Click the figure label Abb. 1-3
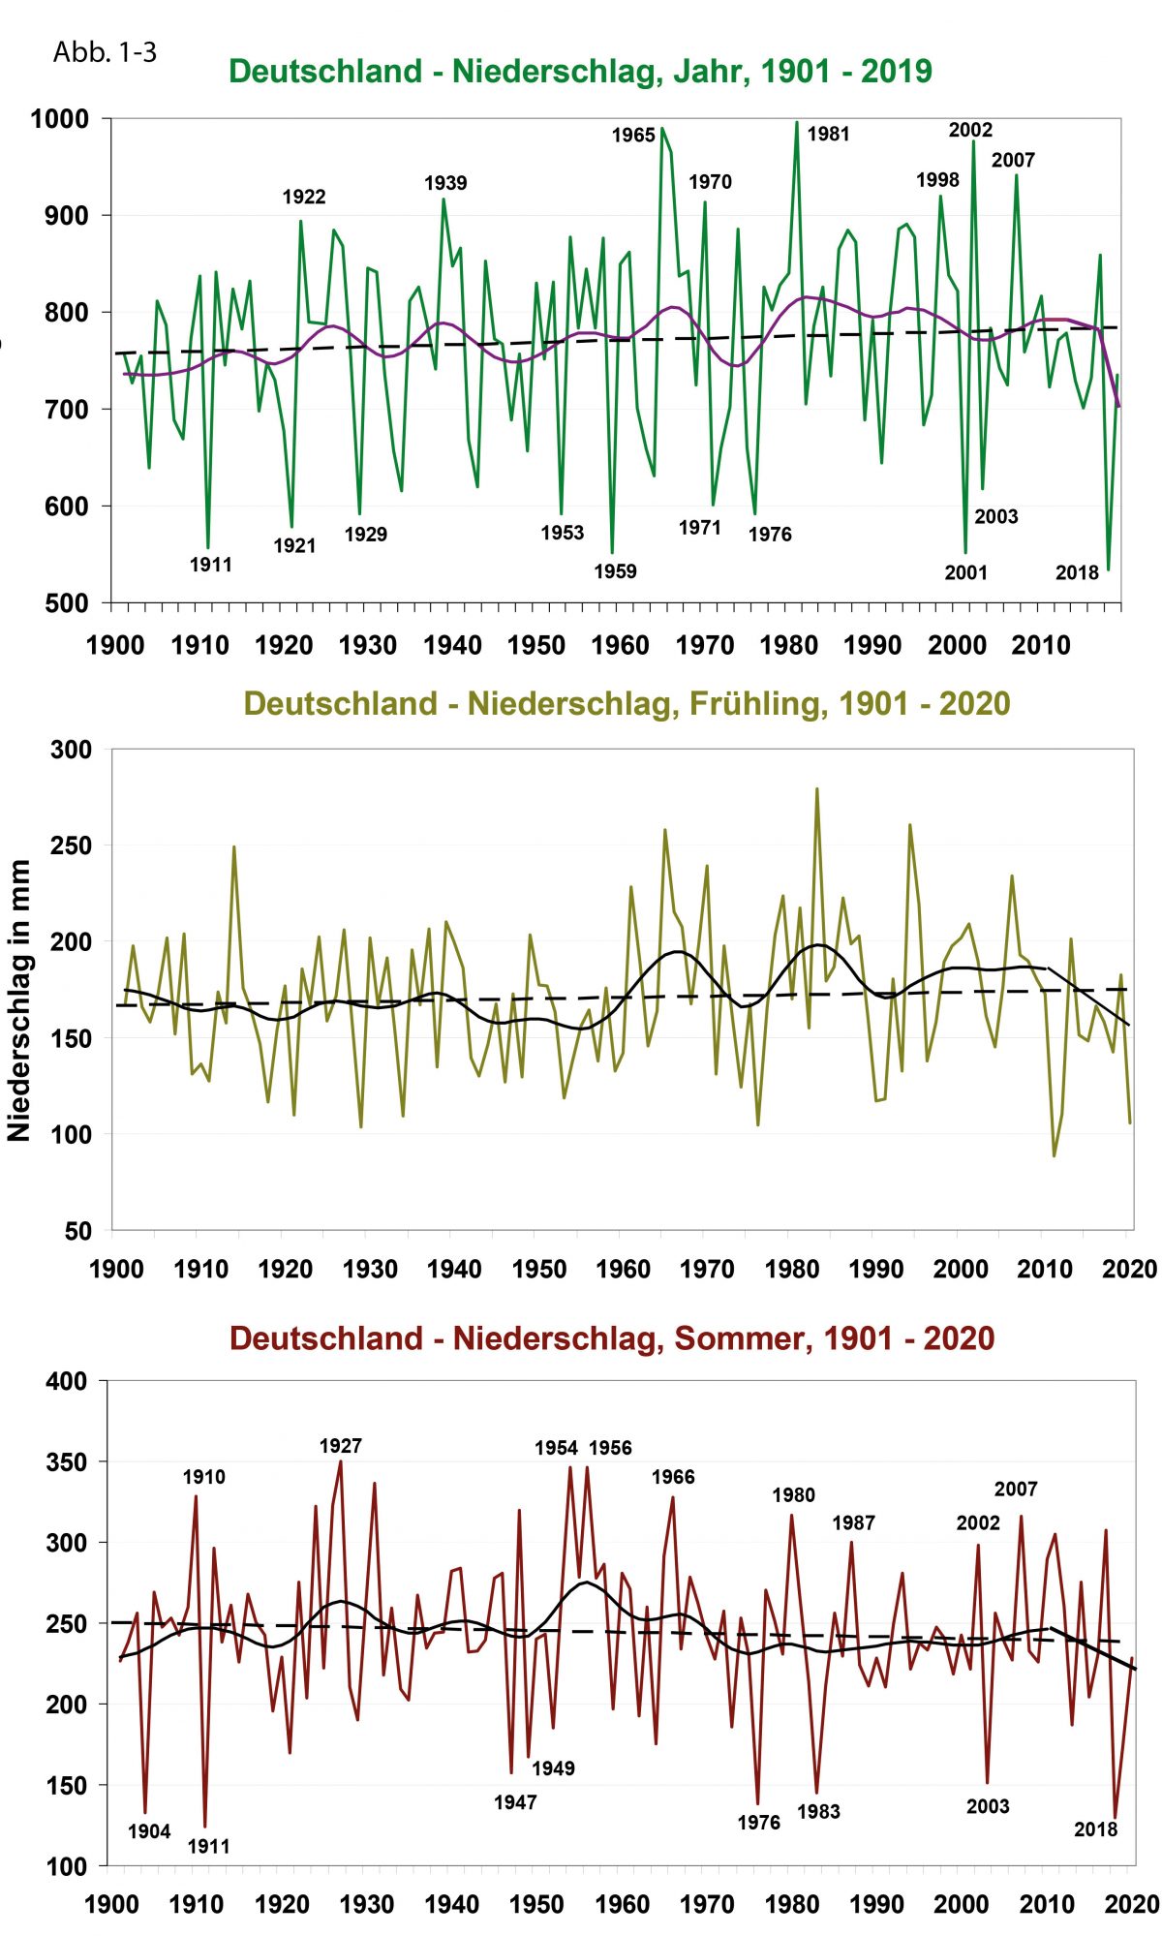tap(105, 52)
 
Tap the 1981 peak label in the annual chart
tap(828, 135)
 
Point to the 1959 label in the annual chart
tap(615, 571)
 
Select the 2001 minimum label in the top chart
tap(965, 573)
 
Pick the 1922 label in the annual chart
tap(304, 198)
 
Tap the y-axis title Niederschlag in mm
tap(19, 1000)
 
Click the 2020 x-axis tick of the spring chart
tap(1129, 1270)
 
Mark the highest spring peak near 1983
tap(816, 789)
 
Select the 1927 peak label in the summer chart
tap(340, 1446)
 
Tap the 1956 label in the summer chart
tap(610, 1448)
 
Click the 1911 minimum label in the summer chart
tap(208, 1846)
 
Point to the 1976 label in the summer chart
tap(758, 1823)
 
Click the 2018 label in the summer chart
tap(1095, 1829)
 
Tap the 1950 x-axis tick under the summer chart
tap(535, 1905)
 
